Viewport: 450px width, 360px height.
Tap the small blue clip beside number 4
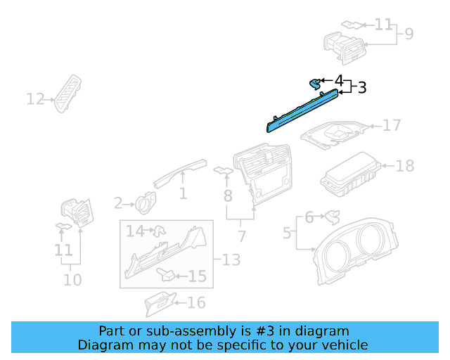coord(315,84)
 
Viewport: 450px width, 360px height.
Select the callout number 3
coord(362,88)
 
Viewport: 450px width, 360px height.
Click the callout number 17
coord(392,125)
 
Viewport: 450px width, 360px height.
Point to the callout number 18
coord(405,166)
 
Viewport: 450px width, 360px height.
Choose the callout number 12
coord(35,99)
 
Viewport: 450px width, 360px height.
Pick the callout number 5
coord(287,231)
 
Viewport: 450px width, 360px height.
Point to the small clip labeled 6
coord(330,215)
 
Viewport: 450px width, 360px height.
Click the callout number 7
coord(242,236)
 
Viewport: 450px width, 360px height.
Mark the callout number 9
coord(409,33)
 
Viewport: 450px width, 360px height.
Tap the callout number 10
coord(72,280)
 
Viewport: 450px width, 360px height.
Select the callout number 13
coord(231,260)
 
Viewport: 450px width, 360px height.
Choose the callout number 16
coord(196,302)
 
